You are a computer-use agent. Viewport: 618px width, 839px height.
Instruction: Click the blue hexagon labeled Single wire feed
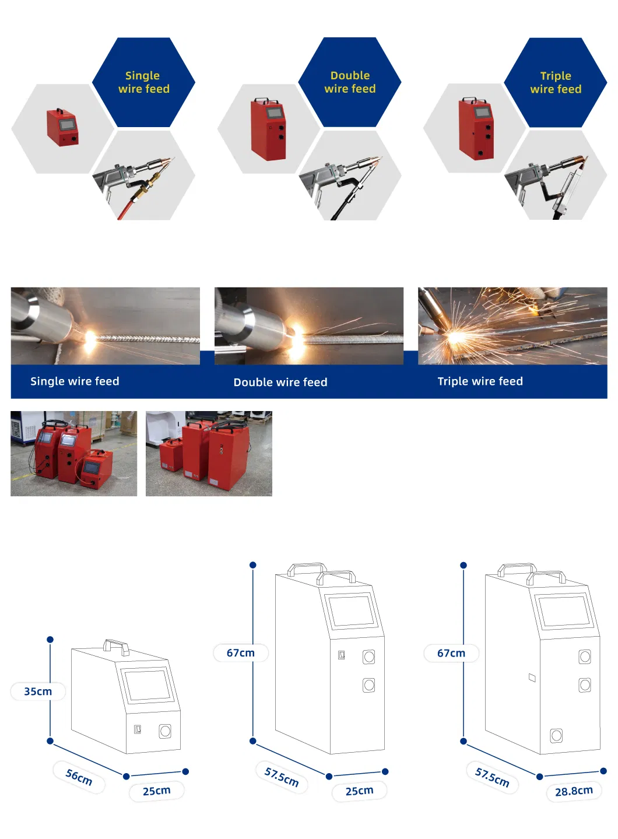143,82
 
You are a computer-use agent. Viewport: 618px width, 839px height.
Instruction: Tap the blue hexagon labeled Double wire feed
350,82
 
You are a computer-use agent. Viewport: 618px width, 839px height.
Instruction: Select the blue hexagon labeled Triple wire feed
556,82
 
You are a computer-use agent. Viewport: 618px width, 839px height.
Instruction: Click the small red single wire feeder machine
62,127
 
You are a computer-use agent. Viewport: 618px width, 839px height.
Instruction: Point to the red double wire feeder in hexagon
268,129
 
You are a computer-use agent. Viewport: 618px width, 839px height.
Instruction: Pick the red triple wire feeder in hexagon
476,129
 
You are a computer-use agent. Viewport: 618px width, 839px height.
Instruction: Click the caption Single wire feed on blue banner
75,381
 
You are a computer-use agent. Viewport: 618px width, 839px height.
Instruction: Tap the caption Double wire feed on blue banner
280,382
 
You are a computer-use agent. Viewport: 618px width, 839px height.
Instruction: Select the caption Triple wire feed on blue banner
480,381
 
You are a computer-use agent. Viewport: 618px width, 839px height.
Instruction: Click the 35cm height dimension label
38,691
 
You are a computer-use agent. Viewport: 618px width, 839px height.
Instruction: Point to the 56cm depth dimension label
79,777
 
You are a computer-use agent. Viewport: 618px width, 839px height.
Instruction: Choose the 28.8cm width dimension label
574,791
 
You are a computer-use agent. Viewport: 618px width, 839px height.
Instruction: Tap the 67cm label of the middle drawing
241,653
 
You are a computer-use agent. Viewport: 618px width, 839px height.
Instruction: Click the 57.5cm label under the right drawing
492,777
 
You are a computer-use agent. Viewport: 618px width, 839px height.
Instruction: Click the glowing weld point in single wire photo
90,336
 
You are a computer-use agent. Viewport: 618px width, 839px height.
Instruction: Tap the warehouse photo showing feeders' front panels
74,454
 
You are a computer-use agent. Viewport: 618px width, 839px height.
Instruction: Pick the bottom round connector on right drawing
557,736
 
